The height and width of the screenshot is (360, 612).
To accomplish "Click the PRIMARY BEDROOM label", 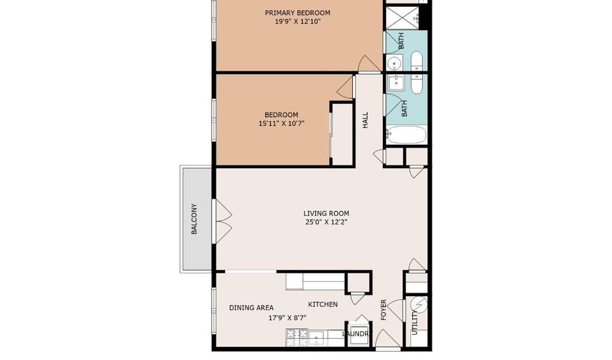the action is coord(297,13).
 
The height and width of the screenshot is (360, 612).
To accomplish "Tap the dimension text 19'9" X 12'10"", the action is coord(297,22).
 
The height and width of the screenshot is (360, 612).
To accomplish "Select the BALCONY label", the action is coord(194,219).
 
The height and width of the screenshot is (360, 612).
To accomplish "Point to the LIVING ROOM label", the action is coord(326,213).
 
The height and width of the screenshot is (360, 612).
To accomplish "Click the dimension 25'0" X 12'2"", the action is coord(326,223).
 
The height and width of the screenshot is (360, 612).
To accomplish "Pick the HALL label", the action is coord(365,120).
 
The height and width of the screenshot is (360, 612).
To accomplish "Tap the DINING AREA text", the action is coord(252,308).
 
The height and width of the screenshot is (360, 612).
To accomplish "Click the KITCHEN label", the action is coord(323,305).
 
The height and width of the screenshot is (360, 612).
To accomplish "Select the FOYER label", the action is coord(384,310).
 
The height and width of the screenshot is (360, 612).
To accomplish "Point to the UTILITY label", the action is coord(415,323).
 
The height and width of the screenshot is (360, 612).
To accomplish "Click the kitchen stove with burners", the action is coord(296,338).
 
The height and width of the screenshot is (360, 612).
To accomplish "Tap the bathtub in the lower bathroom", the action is coord(406,135).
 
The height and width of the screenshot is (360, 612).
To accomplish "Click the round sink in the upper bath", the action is coord(395,63).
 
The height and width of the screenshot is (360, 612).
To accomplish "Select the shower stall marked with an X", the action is coord(403,18).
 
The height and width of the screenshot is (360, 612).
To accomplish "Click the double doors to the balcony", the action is coord(222,221).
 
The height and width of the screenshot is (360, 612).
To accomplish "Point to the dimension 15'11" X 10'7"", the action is coord(282,124).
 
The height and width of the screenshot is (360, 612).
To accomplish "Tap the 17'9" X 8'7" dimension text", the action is coord(287,318).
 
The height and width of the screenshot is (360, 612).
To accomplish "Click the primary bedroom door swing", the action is coord(370,64).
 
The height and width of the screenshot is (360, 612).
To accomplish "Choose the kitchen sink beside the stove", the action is coord(317,337).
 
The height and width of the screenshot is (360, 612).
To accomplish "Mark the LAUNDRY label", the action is coord(356,334).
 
